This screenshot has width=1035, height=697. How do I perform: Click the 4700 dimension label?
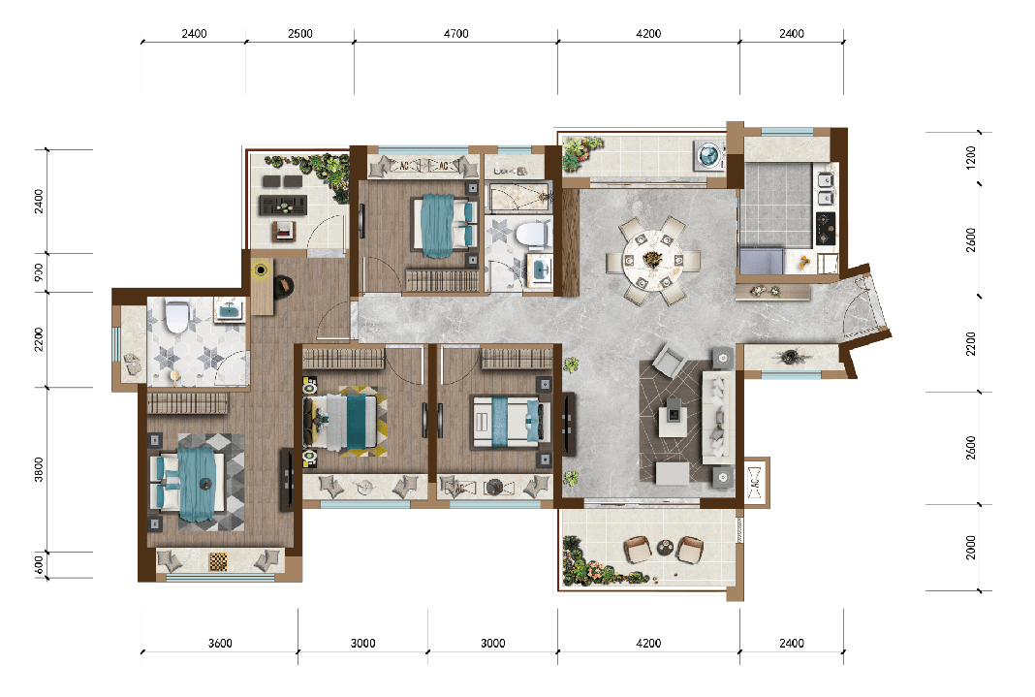coord(455,34)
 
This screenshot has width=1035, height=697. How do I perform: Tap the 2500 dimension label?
coord(299,34)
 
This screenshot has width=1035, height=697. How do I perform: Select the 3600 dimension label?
coord(220,643)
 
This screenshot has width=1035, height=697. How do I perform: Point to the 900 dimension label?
coord(39,272)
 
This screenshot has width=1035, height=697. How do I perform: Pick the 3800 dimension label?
coord(39,469)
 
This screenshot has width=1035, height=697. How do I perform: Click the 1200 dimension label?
coord(970,158)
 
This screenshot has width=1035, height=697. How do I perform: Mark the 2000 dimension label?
coord(970,547)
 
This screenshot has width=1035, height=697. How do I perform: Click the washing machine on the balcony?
coord(709,156)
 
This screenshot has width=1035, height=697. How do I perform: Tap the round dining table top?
coord(652,260)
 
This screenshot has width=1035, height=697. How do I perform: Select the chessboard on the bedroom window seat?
coord(218,561)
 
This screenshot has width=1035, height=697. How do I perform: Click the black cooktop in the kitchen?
coord(826,229)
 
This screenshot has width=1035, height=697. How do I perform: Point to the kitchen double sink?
coord(825,188)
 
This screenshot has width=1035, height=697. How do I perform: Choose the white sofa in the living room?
coord(717,418)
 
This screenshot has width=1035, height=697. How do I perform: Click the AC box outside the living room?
coord(756,483)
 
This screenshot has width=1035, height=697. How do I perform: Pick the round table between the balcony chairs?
coord(665,547)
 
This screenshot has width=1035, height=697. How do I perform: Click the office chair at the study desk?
coord(284,286)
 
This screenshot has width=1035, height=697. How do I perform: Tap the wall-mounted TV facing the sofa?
coord(567,425)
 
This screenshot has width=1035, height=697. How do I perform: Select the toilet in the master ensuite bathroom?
coord(177,316)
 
